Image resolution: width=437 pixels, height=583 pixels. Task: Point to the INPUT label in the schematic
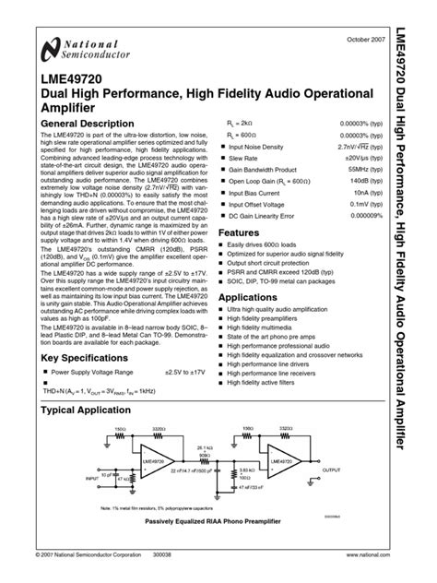(91, 479)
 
